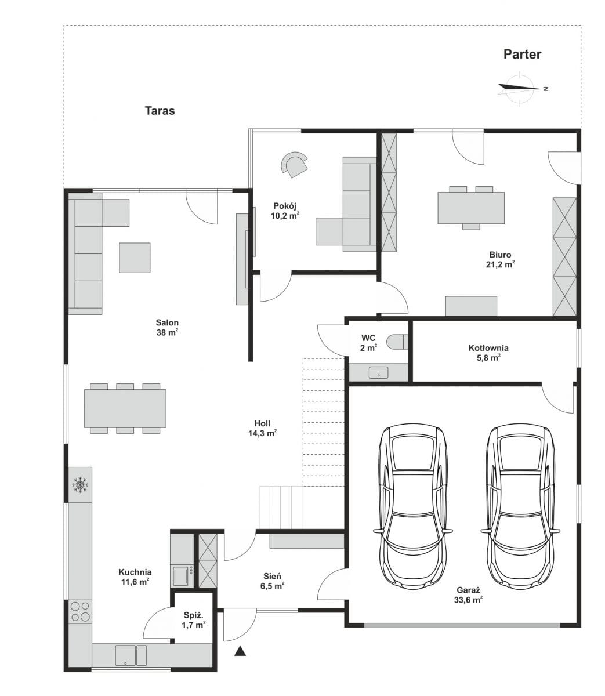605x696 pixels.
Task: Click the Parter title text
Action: [522, 55]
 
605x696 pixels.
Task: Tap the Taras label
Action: [160, 111]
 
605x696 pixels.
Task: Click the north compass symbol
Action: [521, 89]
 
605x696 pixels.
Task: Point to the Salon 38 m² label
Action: [167, 328]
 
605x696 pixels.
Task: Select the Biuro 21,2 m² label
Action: [500, 260]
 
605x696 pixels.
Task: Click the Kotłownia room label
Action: [488, 353]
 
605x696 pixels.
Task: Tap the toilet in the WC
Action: [397, 342]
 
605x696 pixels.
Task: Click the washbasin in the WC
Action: [379, 372]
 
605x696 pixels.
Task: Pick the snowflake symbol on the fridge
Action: [80, 485]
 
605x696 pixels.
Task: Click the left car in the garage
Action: [413, 507]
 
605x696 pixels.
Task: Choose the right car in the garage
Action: [520, 507]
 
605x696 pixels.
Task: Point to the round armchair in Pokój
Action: [295, 164]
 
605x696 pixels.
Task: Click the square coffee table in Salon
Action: [135, 258]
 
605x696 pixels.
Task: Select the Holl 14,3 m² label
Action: [262, 428]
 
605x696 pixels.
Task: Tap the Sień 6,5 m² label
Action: [273, 581]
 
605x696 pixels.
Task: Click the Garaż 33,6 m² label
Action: [468, 595]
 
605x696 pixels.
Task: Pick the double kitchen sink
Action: [131, 655]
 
